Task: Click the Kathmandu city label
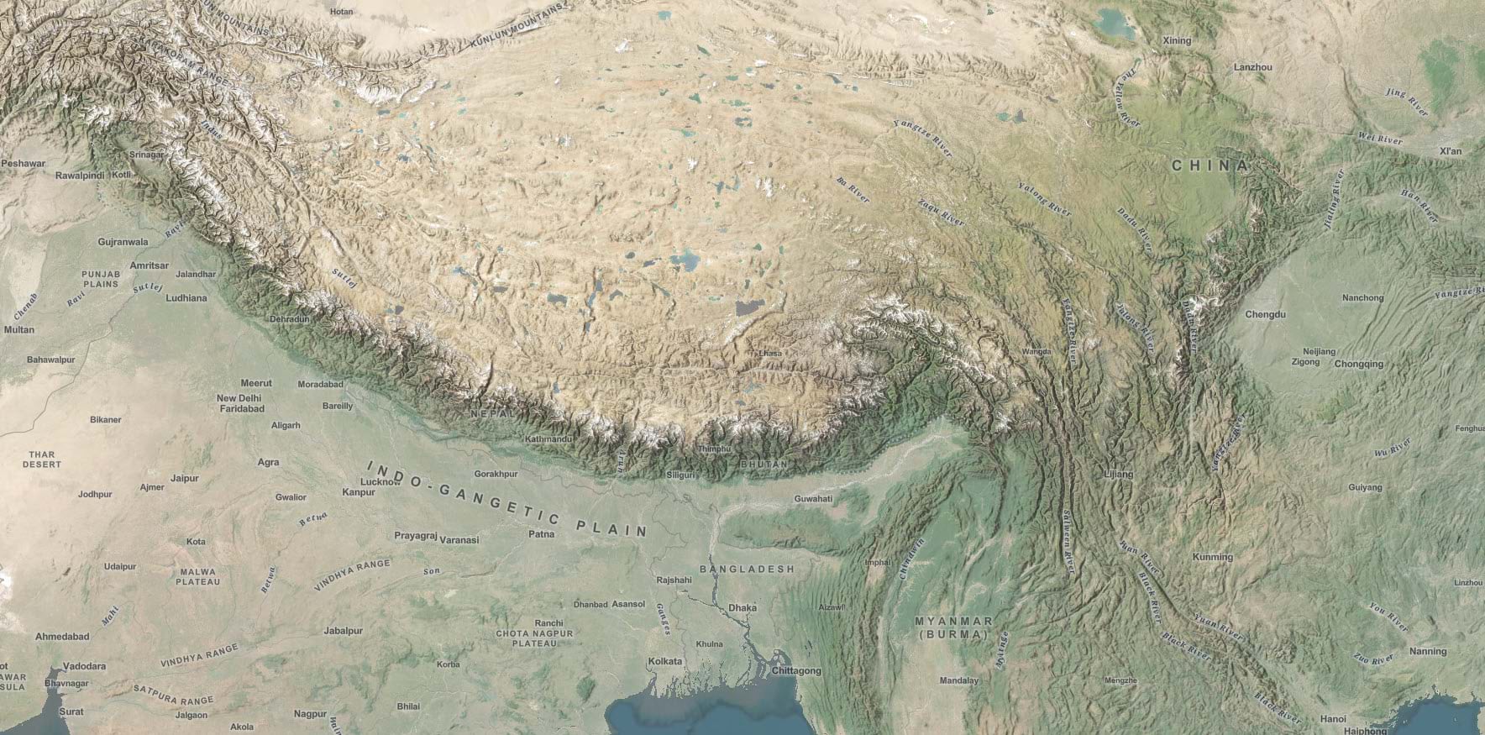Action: tap(548, 439)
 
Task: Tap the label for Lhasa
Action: tap(769, 353)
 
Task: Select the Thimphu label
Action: tap(715, 449)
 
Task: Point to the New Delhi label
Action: tap(239, 398)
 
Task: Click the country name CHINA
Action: tap(1210, 165)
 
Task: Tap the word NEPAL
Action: tap(491, 414)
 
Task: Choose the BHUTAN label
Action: tap(764, 464)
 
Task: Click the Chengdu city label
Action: tap(1265, 314)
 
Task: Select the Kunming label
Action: tap(1212, 557)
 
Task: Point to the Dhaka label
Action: tap(742, 607)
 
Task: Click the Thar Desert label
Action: tap(41, 459)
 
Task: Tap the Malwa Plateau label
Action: tap(198, 576)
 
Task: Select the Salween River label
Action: tap(1068, 541)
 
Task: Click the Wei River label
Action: tap(1380, 138)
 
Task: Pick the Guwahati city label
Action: tap(812, 498)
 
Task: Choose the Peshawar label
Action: tap(23, 163)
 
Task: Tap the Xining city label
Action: tap(1177, 40)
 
